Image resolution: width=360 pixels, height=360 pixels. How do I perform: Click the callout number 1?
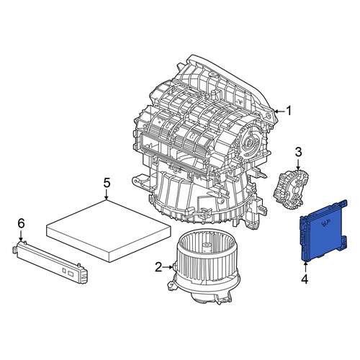click(289, 111)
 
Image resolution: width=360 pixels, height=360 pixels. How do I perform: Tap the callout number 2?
click(158, 267)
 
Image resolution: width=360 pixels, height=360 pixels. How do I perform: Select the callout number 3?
click(298, 152)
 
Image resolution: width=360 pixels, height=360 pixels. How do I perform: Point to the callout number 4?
click(305, 279)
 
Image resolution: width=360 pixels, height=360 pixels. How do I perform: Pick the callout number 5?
click(107, 183)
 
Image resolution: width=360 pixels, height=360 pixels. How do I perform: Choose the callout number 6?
click(21, 224)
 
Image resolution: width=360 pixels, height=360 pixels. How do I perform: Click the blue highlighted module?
click(323, 230)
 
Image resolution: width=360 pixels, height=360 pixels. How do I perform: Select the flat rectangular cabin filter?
click(109, 231)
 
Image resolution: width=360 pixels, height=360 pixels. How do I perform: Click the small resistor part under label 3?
click(291, 187)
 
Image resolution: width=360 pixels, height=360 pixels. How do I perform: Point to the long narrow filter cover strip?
click(50, 261)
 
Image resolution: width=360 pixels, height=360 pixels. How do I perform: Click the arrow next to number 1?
click(279, 111)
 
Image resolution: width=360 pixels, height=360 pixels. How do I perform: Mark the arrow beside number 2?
click(168, 266)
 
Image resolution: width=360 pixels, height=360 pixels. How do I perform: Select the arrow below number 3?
click(298, 164)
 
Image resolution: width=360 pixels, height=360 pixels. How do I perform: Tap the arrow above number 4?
click(305, 267)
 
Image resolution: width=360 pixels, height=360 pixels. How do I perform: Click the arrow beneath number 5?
click(107, 194)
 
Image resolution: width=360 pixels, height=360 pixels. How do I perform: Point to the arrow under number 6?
click(21, 235)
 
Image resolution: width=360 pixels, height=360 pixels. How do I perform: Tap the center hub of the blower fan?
click(206, 247)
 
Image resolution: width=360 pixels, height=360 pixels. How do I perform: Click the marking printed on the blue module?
click(325, 223)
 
